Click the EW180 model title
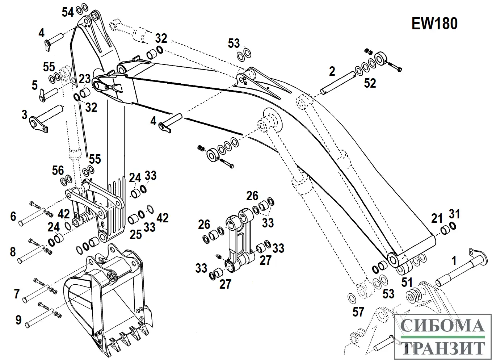coord(434,24)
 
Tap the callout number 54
coord(68,12)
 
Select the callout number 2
coord(332,71)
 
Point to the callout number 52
coord(370,83)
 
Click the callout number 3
coord(24,115)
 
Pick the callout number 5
coord(34,85)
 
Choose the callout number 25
coord(136,234)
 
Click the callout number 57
coord(358,311)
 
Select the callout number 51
coord(407,282)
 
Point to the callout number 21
coord(437,218)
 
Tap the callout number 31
coord(454,214)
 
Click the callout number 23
coord(84,79)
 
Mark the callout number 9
coord(18,320)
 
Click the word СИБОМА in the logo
coord(442,326)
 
